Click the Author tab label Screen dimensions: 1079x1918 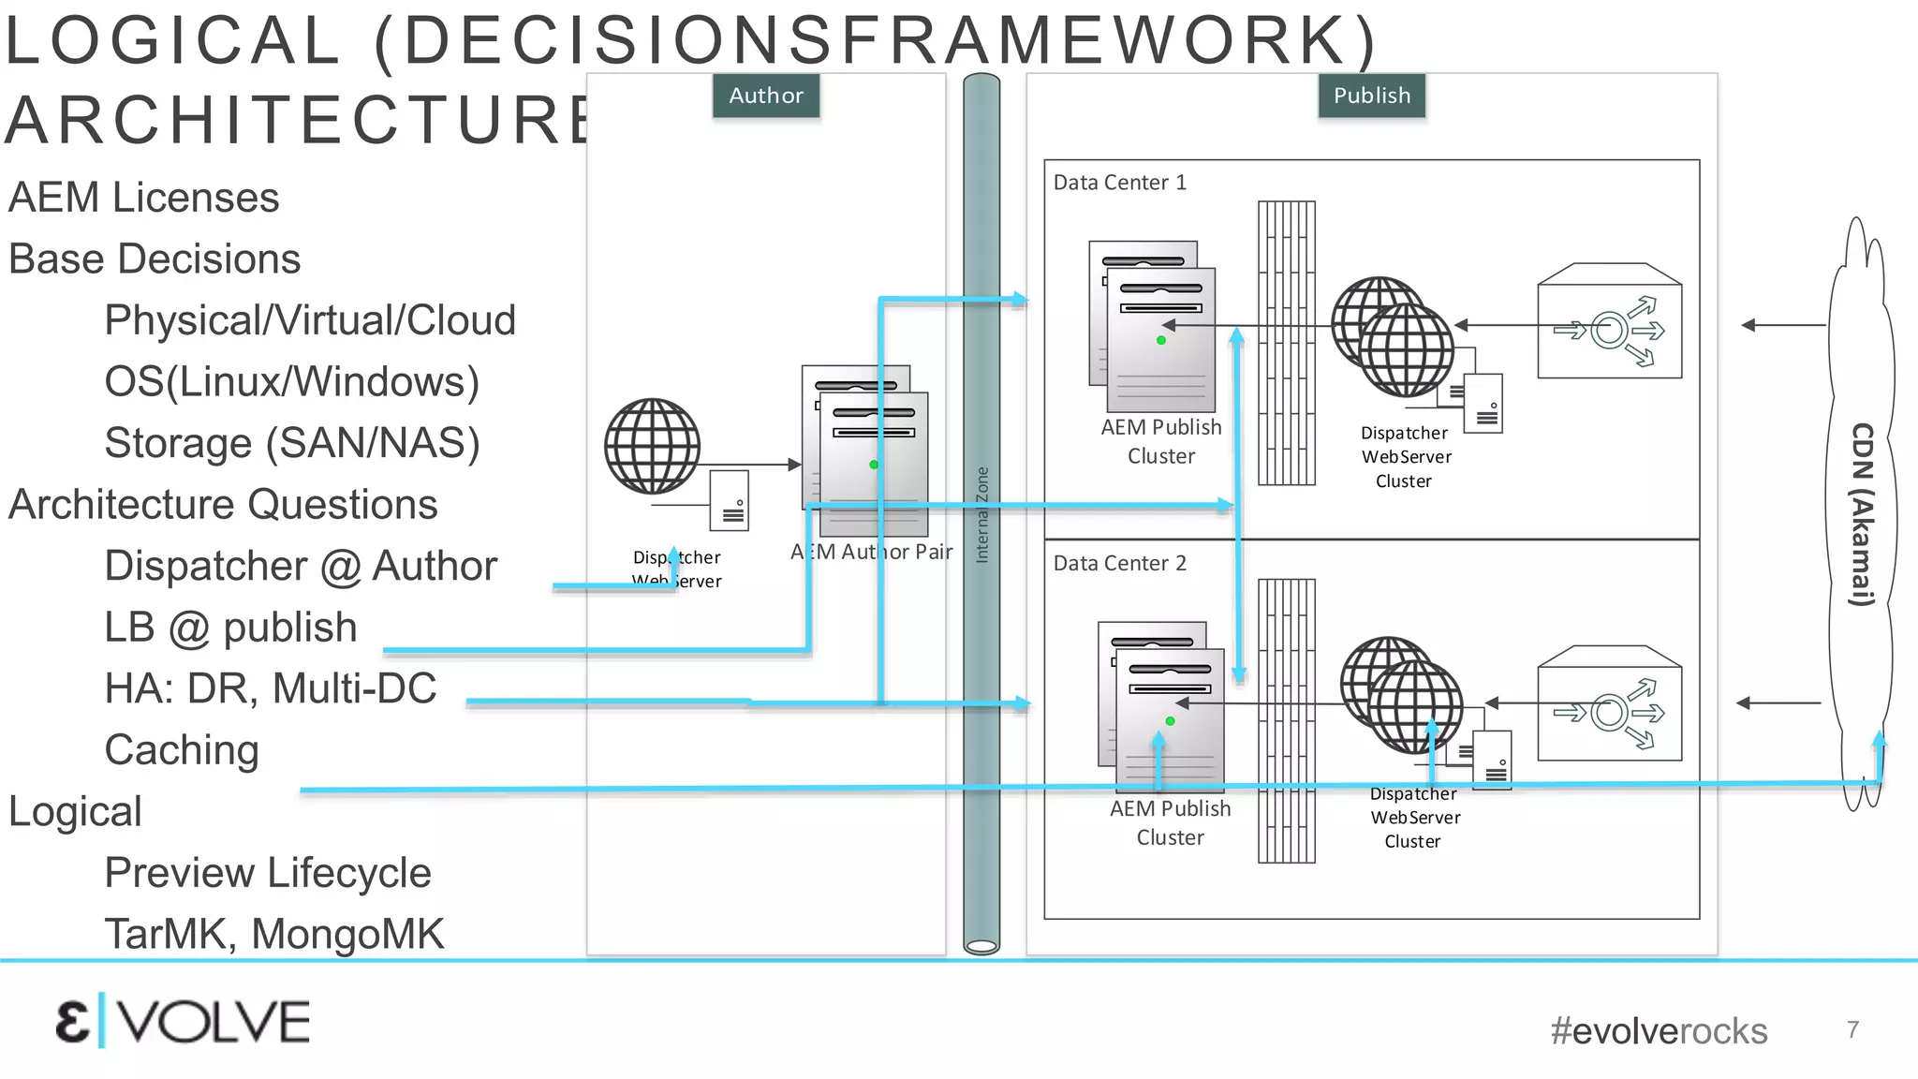(x=765, y=96)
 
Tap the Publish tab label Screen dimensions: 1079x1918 (x=1371, y=96)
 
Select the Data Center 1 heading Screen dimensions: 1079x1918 (x=1119, y=183)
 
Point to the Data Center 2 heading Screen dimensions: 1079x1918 (x=1119, y=563)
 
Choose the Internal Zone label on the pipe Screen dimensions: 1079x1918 (x=981, y=514)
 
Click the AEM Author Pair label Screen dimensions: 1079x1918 (x=871, y=552)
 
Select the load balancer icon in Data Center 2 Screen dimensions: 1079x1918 (x=1609, y=704)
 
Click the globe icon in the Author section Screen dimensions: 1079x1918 (x=652, y=447)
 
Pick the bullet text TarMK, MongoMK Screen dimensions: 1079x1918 (x=273, y=934)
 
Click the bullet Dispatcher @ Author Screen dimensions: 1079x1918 (x=300, y=566)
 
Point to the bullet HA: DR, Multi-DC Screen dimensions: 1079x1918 (x=270, y=688)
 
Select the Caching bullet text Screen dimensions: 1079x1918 (x=182, y=750)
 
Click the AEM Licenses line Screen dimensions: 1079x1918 (x=143, y=198)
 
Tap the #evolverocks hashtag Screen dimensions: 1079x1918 (x=1658, y=1031)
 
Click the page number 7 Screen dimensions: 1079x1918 (x=1852, y=1029)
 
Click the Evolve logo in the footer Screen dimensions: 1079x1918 (x=183, y=1022)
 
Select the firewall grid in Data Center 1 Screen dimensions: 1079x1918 (x=1286, y=343)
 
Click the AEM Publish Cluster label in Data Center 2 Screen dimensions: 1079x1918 (x=1170, y=822)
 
